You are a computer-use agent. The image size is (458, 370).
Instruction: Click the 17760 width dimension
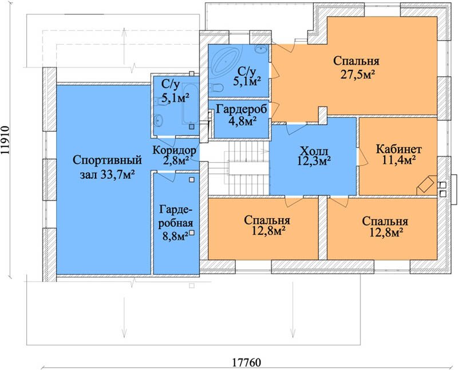(x=247, y=363)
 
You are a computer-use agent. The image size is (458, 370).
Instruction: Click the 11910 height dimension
(x=5, y=140)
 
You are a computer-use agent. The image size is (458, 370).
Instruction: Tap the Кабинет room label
(x=398, y=149)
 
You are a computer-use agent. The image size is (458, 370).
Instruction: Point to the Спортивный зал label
(x=107, y=167)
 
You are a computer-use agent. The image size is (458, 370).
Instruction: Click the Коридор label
(x=174, y=150)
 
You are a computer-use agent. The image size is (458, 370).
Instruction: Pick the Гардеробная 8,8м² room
(x=176, y=223)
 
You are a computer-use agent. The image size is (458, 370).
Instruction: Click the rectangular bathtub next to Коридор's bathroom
(x=191, y=103)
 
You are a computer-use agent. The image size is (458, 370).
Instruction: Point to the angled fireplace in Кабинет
(x=427, y=184)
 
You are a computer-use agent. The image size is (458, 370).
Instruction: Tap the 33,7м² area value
(x=117, y=175)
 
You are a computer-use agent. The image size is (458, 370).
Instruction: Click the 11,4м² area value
(x=399, y=160)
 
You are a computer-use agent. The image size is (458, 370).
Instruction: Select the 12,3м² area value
(x=314, y=160)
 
